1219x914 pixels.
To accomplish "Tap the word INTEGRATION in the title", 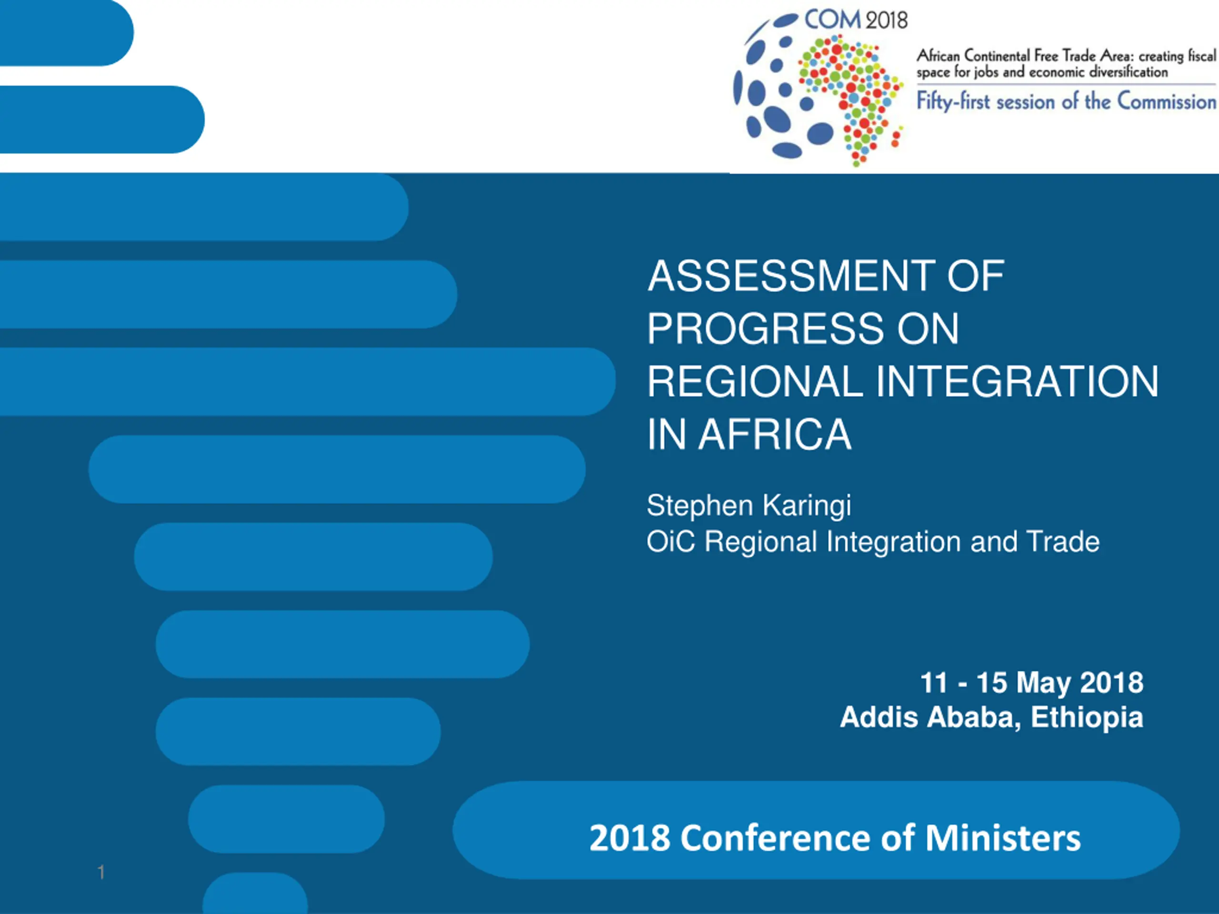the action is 1017,381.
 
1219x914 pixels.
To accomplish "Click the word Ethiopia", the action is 1087,717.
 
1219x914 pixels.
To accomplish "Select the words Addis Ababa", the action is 930,717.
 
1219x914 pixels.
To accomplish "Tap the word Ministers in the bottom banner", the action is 1003,838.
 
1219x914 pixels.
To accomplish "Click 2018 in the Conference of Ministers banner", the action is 629,838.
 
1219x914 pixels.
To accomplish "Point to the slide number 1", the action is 101,872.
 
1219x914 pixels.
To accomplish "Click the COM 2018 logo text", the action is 856,20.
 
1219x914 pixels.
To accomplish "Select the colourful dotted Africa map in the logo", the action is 852,99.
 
